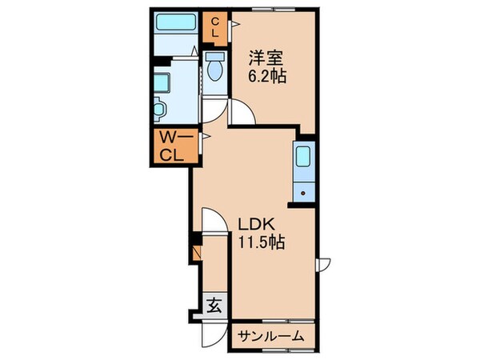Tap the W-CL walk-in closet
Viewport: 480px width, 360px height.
point(173,146)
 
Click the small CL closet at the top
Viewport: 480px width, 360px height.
point(215,29)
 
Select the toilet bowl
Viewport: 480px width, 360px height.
point(214,70)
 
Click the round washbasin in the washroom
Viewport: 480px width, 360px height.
point(159,107)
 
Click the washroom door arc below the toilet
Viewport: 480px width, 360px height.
point(210,112)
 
